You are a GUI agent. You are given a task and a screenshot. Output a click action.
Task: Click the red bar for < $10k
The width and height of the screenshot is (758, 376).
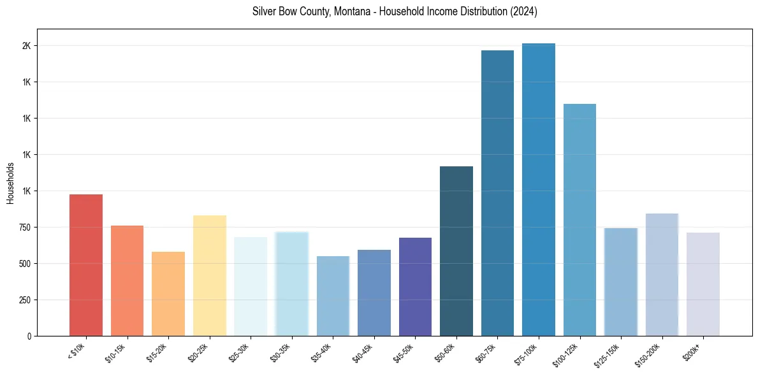click(86, 265)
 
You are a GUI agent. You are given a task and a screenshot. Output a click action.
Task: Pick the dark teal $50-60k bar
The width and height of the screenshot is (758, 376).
click(456, 251)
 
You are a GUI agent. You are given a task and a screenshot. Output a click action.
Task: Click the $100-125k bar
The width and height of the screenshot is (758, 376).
click(579, 220)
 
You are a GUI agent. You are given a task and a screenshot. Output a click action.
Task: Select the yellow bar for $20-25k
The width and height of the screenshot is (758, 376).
click(210, 275)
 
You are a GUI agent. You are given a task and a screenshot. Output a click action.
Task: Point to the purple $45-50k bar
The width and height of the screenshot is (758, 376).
click(415, 287)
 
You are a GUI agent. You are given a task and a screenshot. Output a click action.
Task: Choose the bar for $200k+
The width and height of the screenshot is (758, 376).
click(703, 284)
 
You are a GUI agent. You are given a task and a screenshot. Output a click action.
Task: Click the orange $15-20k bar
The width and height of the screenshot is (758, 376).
click(168, 294)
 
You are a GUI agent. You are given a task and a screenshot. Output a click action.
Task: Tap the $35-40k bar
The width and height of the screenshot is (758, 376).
click(333, 296)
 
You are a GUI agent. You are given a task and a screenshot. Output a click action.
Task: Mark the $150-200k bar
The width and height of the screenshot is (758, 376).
click(662, 275)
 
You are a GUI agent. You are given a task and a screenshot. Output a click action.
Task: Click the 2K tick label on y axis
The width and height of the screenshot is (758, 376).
click(26, 46)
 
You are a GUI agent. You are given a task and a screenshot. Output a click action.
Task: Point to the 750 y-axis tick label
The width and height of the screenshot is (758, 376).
click(24, 228)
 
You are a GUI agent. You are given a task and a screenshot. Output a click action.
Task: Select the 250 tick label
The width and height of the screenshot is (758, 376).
click(24, 300)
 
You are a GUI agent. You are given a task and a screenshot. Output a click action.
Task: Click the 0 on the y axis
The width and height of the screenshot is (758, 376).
click(29, 336)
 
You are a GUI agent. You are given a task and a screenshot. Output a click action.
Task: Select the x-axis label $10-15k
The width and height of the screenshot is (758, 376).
click(117, 352)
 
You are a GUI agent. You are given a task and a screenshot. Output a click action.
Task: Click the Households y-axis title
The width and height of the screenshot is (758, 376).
click(11, 183)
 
